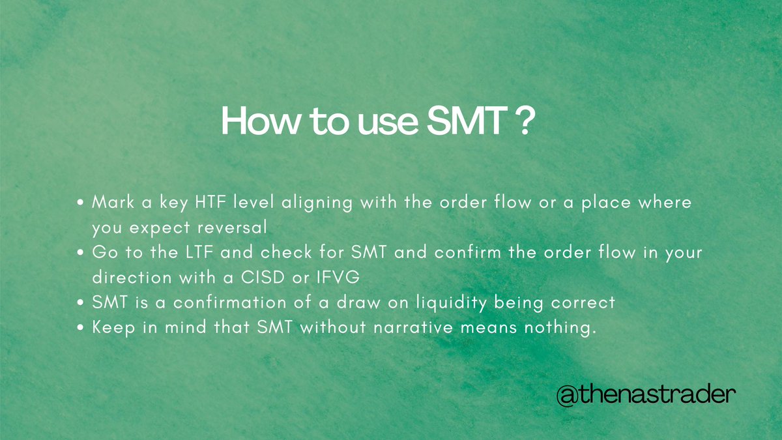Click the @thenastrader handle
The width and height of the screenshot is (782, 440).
[643, 395]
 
